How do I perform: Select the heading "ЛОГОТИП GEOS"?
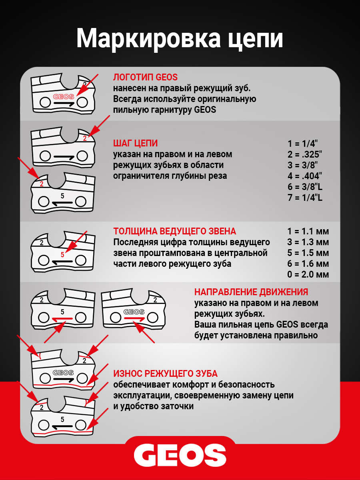(x=145, y=77)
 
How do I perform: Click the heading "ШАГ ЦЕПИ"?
(x=135, y=143)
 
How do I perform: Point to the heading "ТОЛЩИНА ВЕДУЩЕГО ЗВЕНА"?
(x=174, y=231)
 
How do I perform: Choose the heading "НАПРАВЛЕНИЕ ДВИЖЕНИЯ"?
(x=251, y=292)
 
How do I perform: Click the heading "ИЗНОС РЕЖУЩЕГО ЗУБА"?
(x=165, y=374)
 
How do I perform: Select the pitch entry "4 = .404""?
(x=305, y=176)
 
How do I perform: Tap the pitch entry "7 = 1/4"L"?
(x=305, y=197)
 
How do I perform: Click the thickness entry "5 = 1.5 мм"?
(x=308, y=253)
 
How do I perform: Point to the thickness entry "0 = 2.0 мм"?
(x=308, y=274)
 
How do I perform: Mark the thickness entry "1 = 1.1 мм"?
(x=308, y=231)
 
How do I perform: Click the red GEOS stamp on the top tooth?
(x=63, y=96)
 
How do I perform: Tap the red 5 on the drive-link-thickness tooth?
(x=62, y=254)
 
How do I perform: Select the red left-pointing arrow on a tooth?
(x=62, y=319)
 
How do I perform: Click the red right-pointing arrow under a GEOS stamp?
(x=134, y=319)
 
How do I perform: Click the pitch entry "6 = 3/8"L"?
(x=305, y=186)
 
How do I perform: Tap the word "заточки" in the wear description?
(x=178, y=406)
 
